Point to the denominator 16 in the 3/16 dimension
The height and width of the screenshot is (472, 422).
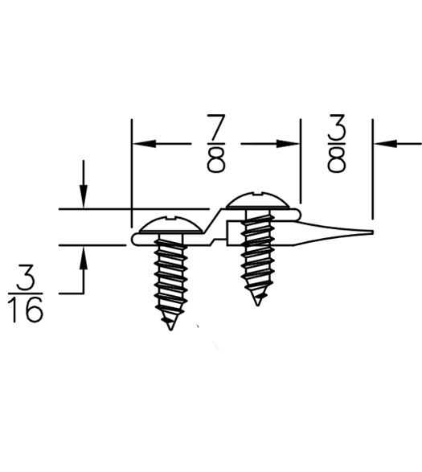[26, 310]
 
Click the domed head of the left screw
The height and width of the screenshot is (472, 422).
[170, 224]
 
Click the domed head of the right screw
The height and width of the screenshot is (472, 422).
[257, 199]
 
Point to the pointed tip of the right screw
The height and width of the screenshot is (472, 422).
[257, 302]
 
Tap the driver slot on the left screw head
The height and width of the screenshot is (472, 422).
[170, 216]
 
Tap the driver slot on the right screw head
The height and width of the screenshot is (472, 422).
[257, 193]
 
